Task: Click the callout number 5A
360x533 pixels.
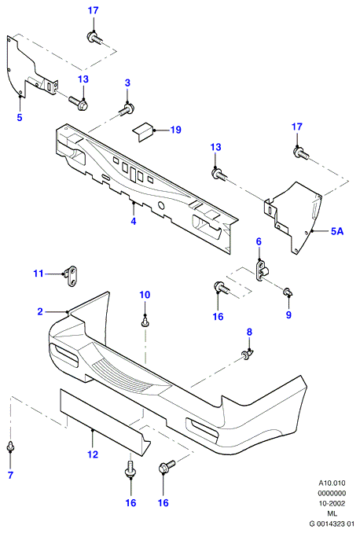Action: click(x=337, y=231)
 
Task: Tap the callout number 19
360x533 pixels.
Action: click(x=176, y=130)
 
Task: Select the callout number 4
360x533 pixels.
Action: click(x=134, y=221)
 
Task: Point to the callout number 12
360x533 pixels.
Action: click(x=93, y=454)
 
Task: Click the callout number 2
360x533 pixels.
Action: click(x=40, y=311)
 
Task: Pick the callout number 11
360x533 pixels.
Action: click(x=39, y=274)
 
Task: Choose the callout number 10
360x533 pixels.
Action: click(x=145, y=295)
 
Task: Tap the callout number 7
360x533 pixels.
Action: click(x=10, y=475)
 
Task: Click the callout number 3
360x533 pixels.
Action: click(x=127, y=83)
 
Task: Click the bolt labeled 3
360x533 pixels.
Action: click(x=127, y=110)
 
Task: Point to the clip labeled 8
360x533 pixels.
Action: click(x=248, y=355)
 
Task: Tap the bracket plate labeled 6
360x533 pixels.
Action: click(x=262, y=269)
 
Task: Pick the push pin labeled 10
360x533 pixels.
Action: click(x=145, y=322)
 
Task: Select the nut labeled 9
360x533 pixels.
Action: click(x=288, y=291)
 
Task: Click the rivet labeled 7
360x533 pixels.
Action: click(x=10, y=447)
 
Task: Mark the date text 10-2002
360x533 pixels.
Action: click(x=332, y=503)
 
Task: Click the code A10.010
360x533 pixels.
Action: click(x=332, y=483)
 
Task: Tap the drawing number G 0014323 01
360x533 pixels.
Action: click(x=332, y=524)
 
